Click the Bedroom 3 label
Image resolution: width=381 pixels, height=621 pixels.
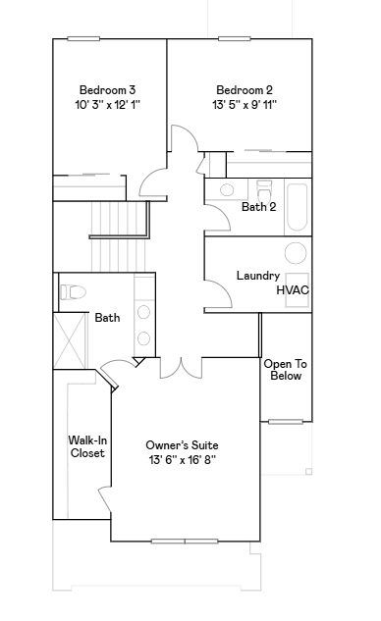click(x=107, y=90)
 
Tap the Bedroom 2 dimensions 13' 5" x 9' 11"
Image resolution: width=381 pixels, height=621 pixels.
click(x=245, y=105)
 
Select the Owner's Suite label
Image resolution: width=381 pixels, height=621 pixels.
click(x=182, y=445)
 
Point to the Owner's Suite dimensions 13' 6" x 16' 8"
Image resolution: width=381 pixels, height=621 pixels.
click(x=183, y=460)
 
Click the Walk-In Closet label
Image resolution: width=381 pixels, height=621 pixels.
click(x=87, y=446)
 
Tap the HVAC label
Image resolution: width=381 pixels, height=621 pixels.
click(x=293, y=290)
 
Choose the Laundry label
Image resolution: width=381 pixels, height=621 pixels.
click(x=258, y=276)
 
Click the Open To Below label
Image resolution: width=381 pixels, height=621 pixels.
click(x=286, y=370)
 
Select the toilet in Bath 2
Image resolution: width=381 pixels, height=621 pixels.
click(x=264, y=190)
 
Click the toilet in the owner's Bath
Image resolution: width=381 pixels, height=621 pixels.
click(x=73, y=292)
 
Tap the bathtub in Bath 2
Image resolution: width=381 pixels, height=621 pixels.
click(x=297, y=207)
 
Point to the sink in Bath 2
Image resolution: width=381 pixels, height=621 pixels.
click(x=227, y=189)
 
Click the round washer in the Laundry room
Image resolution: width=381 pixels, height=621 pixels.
click(x=296, y=253)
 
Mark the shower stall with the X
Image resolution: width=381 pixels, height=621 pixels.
click(x=70, y=340)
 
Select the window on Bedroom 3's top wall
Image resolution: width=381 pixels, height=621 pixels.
click(x=83, y=39)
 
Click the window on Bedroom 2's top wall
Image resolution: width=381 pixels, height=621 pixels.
click(x=235, y=39)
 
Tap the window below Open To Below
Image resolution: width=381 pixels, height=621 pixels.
click(x=286, y=422)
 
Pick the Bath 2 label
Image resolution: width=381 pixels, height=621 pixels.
click(x=259, y=207)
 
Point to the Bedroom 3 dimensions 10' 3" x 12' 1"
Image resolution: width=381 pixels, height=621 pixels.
click(x=108, y=105)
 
